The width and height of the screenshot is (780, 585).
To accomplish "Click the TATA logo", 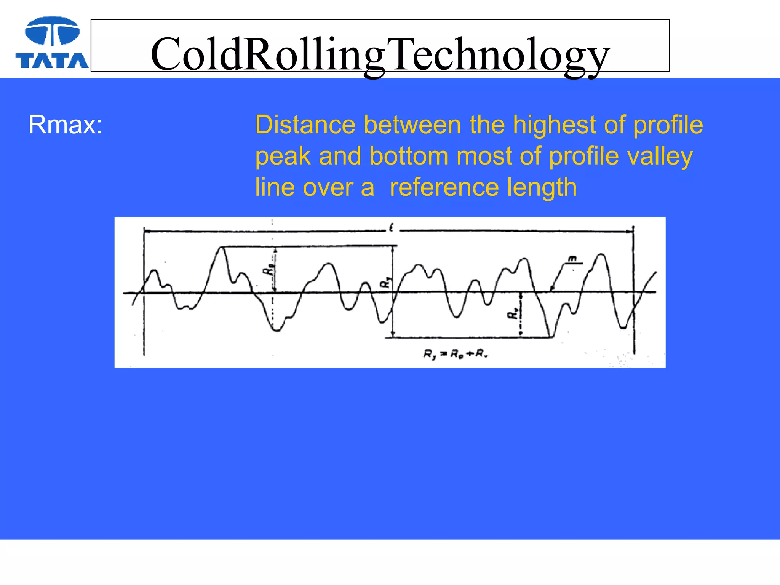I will point(52,43).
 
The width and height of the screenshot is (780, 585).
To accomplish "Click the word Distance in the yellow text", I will point(305,125).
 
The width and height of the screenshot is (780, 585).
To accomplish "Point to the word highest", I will point(555,125).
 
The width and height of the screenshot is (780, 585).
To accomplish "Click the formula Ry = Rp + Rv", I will point(456,354).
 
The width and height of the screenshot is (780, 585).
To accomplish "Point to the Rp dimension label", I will point(268,270).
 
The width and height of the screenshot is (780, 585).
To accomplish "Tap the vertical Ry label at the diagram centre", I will point(385,283).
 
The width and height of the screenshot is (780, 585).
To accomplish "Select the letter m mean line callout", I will point(572,259).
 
